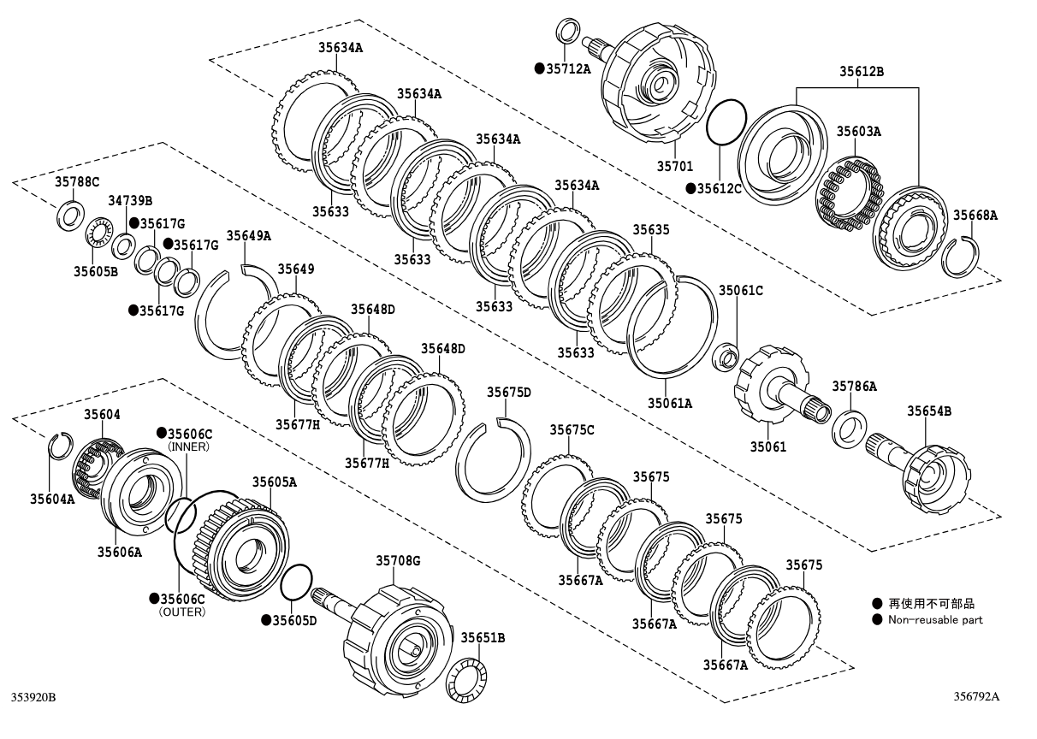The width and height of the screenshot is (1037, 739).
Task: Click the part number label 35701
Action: [x=674, y=166]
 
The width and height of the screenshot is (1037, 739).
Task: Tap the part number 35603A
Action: [x=858, y=131]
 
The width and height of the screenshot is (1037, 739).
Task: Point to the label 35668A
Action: [x=975, y=216]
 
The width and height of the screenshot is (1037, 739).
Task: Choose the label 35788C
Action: [x=78, y=181]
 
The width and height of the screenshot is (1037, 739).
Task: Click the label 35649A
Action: [x=248, y=235]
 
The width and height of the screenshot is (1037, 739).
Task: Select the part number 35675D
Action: [x=509, y=392]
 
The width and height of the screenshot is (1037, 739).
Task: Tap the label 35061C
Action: [x=740, y=290]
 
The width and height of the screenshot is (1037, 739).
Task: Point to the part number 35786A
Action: [x=854, y=387]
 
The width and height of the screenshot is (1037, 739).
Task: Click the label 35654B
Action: [x=929, y=411]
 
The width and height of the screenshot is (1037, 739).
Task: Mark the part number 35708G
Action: [x=399, y=560]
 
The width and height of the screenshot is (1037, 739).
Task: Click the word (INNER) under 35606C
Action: [x=189, y=446]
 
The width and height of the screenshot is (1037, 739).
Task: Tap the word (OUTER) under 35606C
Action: [x=182, y=612]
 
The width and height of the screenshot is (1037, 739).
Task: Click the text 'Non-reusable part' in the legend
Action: [x=935, y=620]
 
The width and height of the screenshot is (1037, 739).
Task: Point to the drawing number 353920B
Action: [x=33, y=698]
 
